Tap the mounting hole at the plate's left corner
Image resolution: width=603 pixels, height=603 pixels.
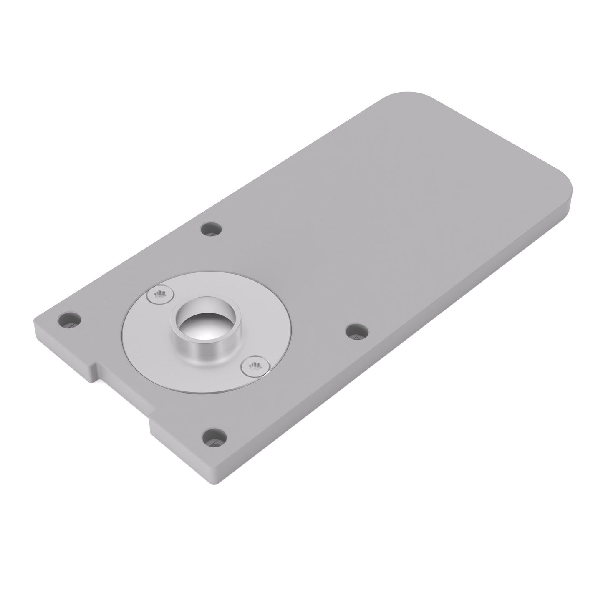[x=69, y=320]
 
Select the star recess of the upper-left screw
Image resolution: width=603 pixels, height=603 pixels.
[x=160, y=296]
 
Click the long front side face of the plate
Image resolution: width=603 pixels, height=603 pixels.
[x=396, y=346]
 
